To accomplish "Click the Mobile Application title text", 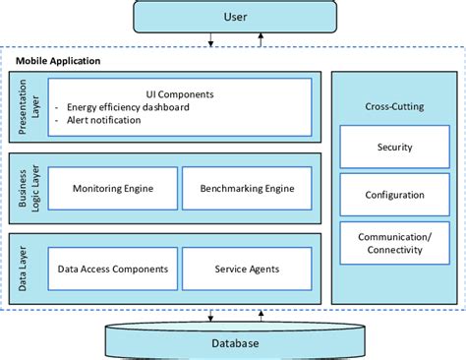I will click(58, 60).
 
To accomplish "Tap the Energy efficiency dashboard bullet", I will click(128, 107).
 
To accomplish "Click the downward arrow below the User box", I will click(210, 41).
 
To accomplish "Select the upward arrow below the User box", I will click(260, 41).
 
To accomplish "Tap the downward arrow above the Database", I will click(210, 315).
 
